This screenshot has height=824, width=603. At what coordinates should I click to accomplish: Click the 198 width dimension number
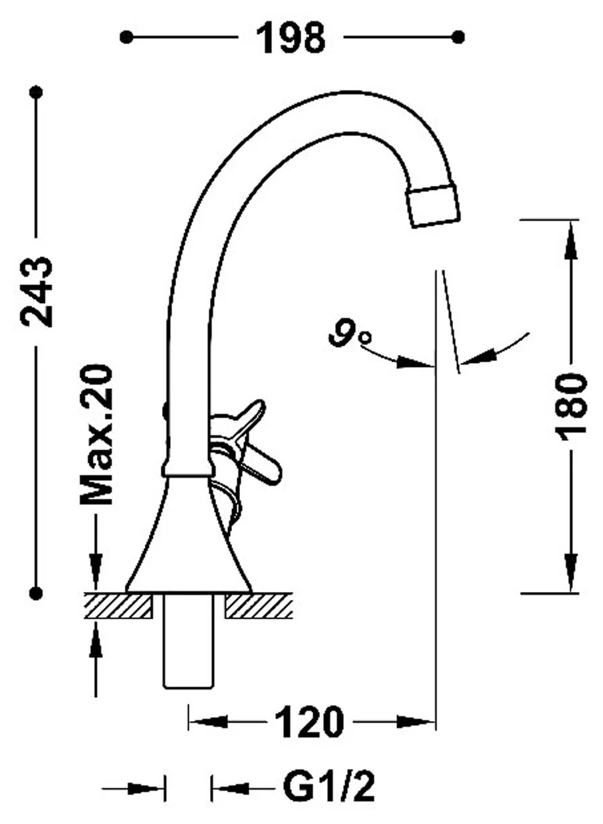click(x=291, y=37)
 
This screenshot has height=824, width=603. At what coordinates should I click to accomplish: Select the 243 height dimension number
click(x=37, y=291)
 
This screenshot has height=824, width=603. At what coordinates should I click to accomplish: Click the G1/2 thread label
click(x=328, y=787)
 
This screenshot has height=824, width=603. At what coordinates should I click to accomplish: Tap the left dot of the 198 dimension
click(x=126, y=37)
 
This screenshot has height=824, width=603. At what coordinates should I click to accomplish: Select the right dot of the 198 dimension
click(x=457, y=37)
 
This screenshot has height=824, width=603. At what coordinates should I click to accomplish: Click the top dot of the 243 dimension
click(x=36, y=92)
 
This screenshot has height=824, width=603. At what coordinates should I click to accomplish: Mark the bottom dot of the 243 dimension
click(x=36, y=593)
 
